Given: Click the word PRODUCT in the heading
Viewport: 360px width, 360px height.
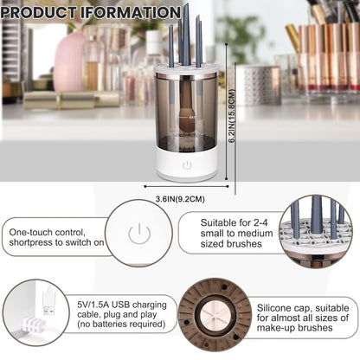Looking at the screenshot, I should click(x=43, y=12).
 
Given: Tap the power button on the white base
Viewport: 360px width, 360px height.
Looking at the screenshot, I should click(x=186, y=164).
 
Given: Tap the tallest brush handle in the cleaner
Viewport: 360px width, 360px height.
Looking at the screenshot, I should click(x=185, y=35).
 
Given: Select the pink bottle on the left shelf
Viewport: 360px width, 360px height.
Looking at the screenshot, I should click(x=69, y=61).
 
